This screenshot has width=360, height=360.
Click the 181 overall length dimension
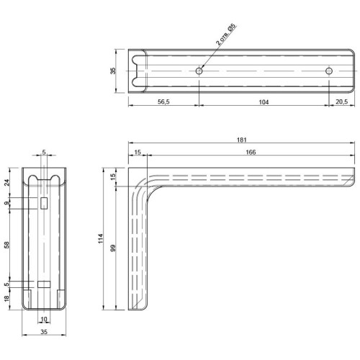(x=241, y=140)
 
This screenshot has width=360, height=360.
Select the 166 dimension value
(x=251, y=152)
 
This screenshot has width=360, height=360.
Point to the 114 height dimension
(x=101, y=238)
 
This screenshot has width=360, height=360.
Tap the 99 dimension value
(x=113, y=248)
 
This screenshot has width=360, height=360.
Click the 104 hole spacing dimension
(x=264, y=102)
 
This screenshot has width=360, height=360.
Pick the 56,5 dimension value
(x=163, y=102)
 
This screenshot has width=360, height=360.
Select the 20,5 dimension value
(x=341, y=102)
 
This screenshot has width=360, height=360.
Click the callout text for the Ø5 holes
(x=225, y=35)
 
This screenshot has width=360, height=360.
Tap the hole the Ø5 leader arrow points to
(x=199, y=71)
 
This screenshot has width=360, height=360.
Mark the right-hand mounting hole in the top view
(x=329, y=71)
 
